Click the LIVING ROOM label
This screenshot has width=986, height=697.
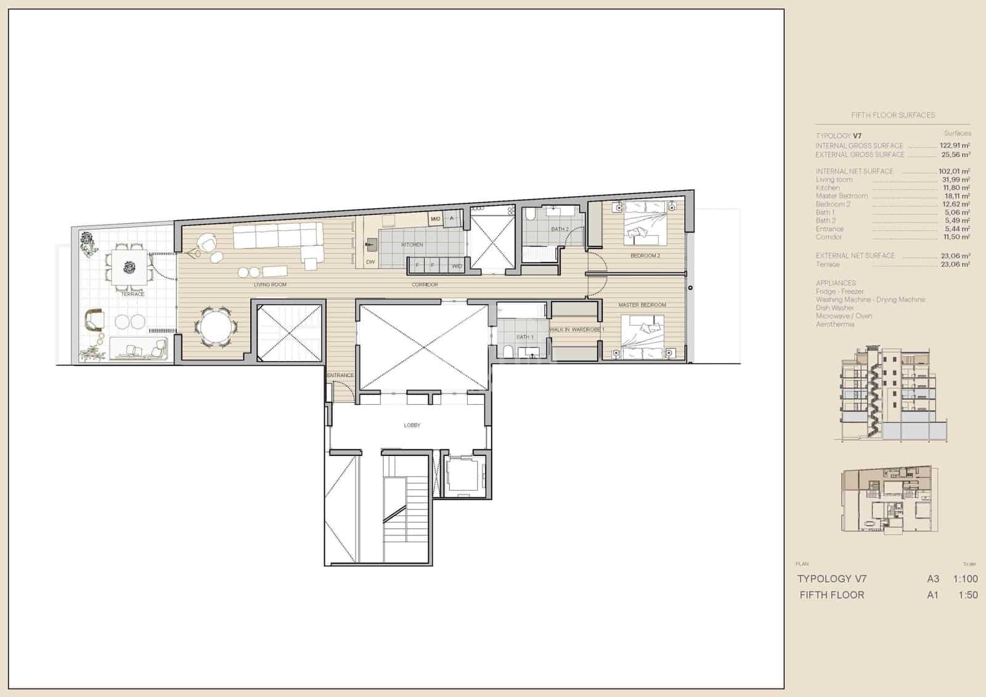[270, 285]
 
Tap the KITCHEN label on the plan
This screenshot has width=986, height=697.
[412, 245]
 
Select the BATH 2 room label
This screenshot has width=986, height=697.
[560, 229]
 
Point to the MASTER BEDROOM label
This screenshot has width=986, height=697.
[642, 305]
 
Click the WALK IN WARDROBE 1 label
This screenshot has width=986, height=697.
[576, 330]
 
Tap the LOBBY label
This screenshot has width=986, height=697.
[412, 425]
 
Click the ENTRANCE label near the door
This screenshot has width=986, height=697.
[340, 375]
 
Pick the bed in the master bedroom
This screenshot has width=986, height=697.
[644, 337]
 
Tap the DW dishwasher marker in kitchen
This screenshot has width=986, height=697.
[370, 262]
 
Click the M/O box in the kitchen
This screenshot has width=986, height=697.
[435, 219]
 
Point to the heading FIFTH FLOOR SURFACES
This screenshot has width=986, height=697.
[892, 115]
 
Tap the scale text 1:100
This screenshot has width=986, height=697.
[965, 579]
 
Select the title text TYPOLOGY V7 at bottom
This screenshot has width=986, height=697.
[831, 579]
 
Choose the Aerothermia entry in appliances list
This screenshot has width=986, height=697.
[834, 324]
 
